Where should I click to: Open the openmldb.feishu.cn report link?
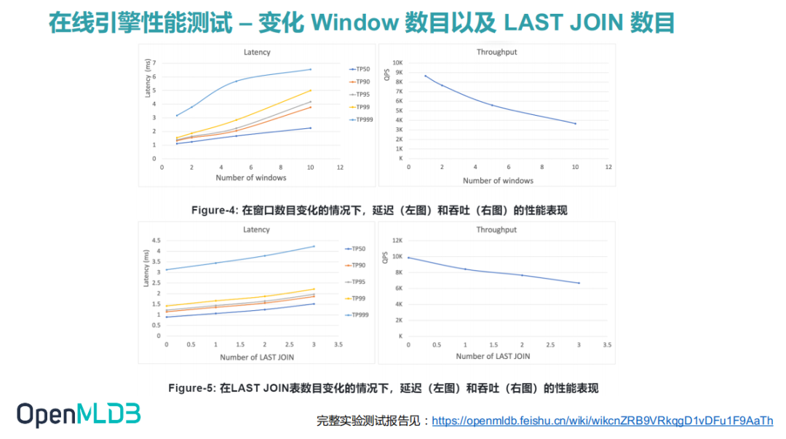coord(602,421)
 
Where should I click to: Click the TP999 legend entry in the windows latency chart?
coord(361,119)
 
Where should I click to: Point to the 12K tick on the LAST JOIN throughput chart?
coord(397,240)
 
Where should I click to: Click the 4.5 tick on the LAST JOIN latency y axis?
coord(155,240)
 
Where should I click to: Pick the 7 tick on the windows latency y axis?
coord(154,63)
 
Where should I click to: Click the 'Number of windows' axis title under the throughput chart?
coord(498,181)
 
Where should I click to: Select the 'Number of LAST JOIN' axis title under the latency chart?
coord(257,357)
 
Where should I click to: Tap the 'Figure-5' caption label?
coord(191,388)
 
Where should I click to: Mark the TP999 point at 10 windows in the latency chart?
coord(311,69)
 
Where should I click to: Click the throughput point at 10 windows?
coord(575,124)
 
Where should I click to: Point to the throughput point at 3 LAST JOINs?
coord(579,283)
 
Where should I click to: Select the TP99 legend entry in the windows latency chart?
coord(361,107)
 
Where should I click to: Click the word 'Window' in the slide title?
coord(352,23)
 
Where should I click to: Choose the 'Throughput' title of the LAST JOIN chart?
coord(496,230)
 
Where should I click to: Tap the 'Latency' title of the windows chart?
coord(256,52)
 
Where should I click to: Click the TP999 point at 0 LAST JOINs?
coord(167,269)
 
